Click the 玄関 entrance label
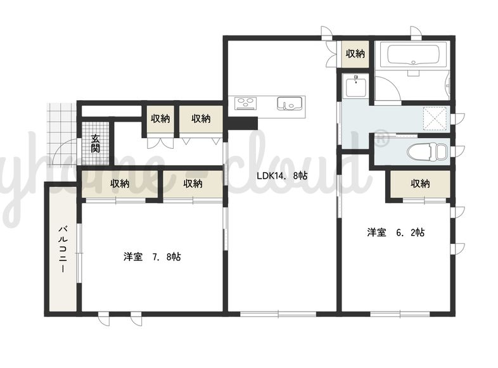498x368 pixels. [95, 144]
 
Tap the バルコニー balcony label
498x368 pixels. [63, 250]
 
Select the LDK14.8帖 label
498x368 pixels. [282, 175]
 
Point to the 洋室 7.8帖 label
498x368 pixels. [153, 257]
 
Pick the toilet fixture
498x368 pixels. [427, 151]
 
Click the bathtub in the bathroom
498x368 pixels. [413, 55]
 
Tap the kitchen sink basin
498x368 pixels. [290, 103]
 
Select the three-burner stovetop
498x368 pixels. [245, 103]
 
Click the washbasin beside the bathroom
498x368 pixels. [355, 85]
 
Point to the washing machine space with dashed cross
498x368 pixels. [435, 118]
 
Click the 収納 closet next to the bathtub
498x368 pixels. [355, 54]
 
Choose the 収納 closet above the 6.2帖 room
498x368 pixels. [420, 184]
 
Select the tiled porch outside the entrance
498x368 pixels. [62, 134]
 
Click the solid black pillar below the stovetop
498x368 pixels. [243, 124]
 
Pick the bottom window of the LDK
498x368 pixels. [278, 314]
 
